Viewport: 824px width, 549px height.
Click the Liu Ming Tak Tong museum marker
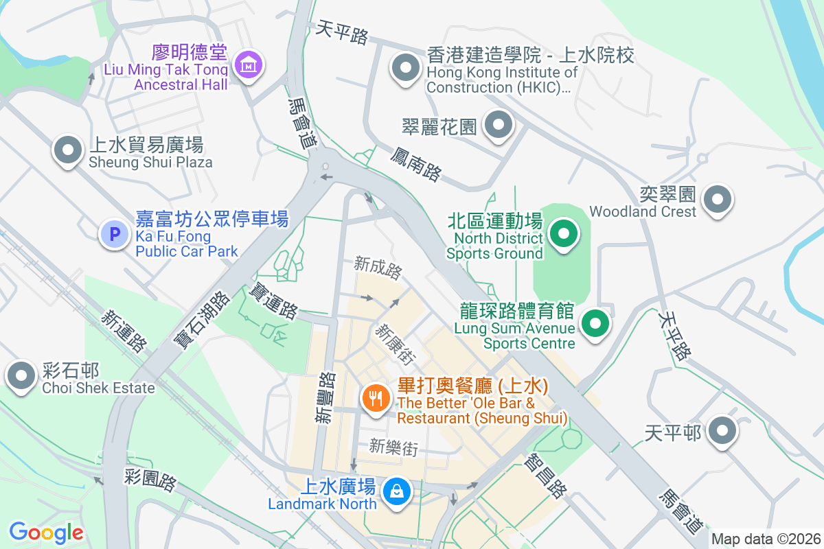[248, 65]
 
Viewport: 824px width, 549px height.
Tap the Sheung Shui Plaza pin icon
[68, 151]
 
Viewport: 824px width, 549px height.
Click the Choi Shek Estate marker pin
[21, 375]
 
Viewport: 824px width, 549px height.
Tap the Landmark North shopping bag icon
[396, 491]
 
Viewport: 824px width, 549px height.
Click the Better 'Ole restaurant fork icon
[376, 397]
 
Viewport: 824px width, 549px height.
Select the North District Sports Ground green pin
[564, 235]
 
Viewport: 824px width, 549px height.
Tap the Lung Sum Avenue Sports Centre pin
[595, 323]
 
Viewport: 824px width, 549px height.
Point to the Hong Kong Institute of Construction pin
[405, 69]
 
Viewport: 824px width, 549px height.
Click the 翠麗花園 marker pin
[499, 126]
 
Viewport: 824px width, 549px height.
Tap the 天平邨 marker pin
[722, 432]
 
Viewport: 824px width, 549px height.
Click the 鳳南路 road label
[415, 163]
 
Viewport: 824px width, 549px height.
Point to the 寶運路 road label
[274, 301]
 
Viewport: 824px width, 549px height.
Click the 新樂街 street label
[393, 447]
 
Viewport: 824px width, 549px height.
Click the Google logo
[46, 533]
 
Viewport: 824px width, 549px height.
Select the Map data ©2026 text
[766, 539]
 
